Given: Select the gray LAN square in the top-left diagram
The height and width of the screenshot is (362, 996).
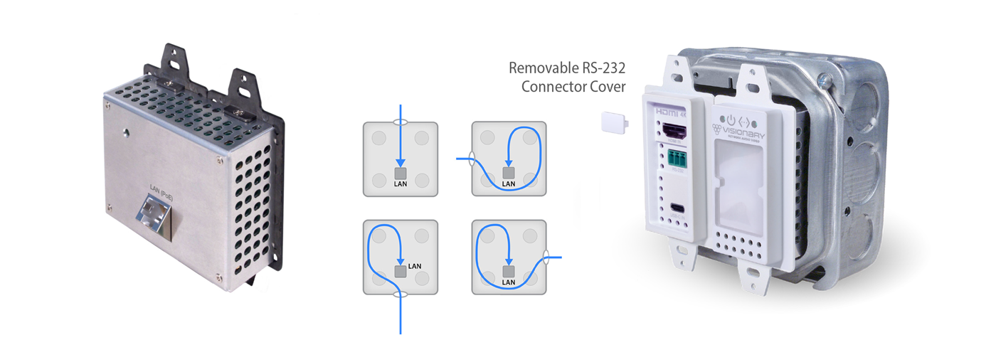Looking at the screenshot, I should pyautogui.click(x=401, y=173).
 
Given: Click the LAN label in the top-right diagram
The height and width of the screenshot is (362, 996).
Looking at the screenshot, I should pyautogui.click(x=508, y=184).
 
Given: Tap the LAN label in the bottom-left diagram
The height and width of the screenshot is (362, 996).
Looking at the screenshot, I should pyautogui.click(x=415, y=266).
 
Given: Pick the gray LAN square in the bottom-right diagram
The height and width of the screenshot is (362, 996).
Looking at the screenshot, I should pyautogui.click(x=508, y=271).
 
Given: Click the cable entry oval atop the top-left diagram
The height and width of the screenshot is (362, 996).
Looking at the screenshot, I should pyautogui.click(x=401, y=122).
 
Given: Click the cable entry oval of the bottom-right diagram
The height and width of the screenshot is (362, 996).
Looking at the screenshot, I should pyautogui.click(x=546, y=257).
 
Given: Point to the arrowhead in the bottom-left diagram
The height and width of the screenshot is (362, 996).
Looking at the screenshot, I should pyautogui.click(x=401, y=262).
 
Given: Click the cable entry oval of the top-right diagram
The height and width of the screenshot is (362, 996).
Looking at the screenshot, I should pyautogui.click(x=471, y=160).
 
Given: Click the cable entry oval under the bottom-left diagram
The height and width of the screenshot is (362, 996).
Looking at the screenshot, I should pyautogui.click(x=401, y=294).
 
